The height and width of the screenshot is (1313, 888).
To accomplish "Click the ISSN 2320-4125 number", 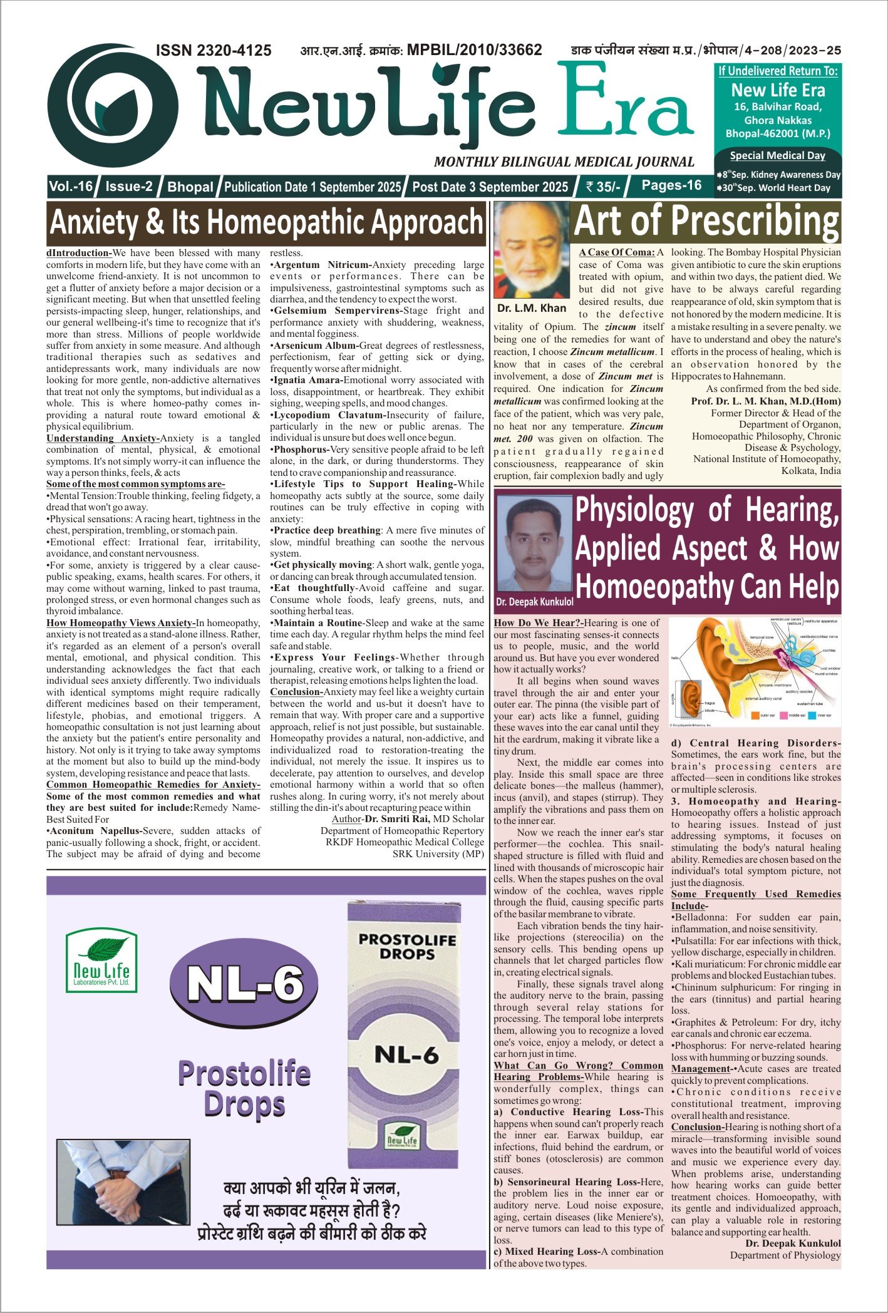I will coord(213,51).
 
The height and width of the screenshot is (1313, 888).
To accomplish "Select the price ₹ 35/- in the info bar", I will coord(602,187).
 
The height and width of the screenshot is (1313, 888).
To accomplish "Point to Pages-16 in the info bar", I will coord(671,185).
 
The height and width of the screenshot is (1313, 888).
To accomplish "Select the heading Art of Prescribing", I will coord(706,222).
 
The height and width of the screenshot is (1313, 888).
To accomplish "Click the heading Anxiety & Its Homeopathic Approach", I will coord(266,222).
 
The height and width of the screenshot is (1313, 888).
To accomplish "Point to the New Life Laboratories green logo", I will coord(101,960).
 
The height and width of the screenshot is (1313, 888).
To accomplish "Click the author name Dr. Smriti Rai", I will coord(398,819).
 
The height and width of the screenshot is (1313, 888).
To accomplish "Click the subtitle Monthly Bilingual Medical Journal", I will coord(564,162).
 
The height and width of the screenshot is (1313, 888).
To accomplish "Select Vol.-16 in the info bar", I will coord(71,187).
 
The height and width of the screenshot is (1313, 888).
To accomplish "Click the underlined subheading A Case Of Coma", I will coord(616,252).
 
